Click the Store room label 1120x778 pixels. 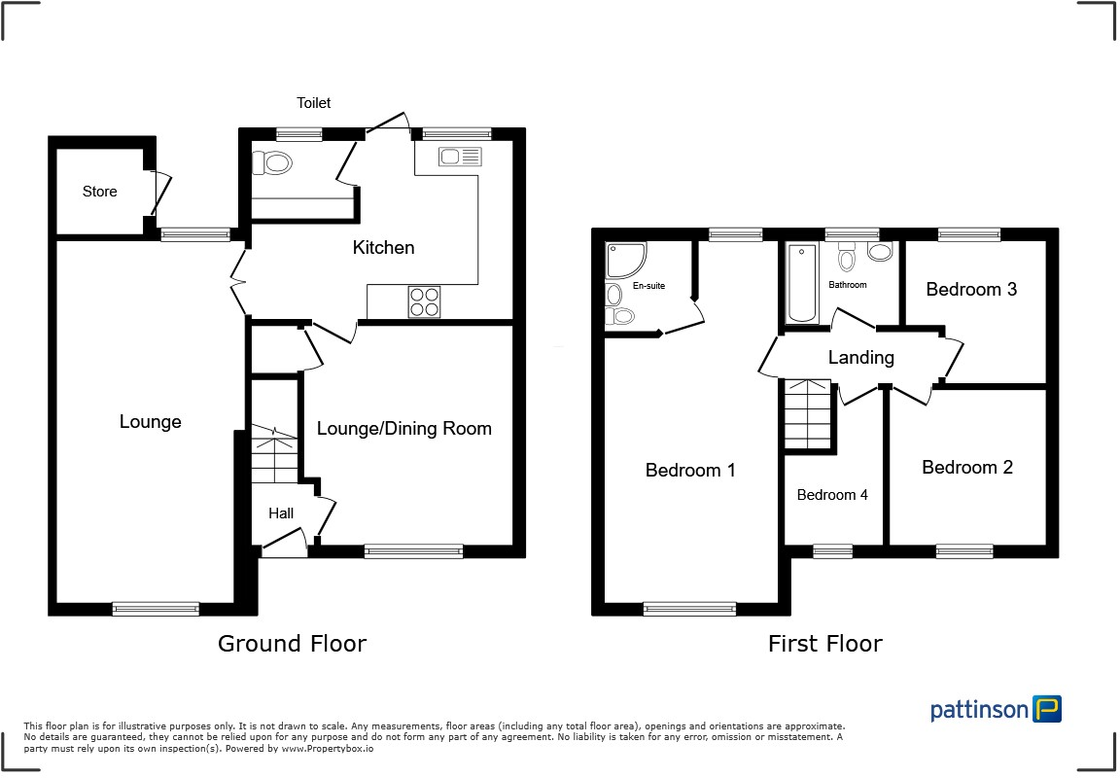tap(99, 192)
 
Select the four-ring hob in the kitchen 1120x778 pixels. tap(424, 301)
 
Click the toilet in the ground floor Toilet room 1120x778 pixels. tap(273, 162)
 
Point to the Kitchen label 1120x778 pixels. tap(383, 248)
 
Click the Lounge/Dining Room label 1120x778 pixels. tap(404, 429)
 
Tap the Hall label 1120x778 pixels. tap(281, 513)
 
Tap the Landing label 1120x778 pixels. tap(860, 358)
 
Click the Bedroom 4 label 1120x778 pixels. tap(832, 495)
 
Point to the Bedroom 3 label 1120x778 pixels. tap(971, 290)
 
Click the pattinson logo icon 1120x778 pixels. tap(1047, 709)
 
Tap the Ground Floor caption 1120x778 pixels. tap(292, 643)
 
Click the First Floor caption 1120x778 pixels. tap(824, 643)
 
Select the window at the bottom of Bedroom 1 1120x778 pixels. tap(689, 610)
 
